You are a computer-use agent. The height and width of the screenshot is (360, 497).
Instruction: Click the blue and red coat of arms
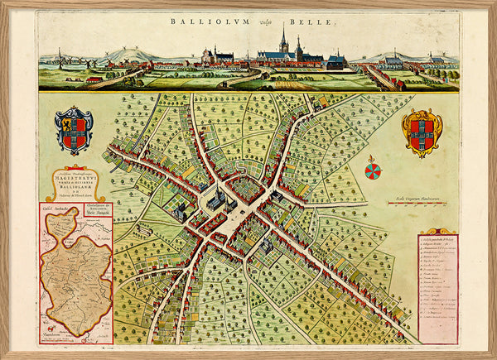click(74, 130)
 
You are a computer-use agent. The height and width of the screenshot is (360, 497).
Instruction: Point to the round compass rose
click(373, 170)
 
